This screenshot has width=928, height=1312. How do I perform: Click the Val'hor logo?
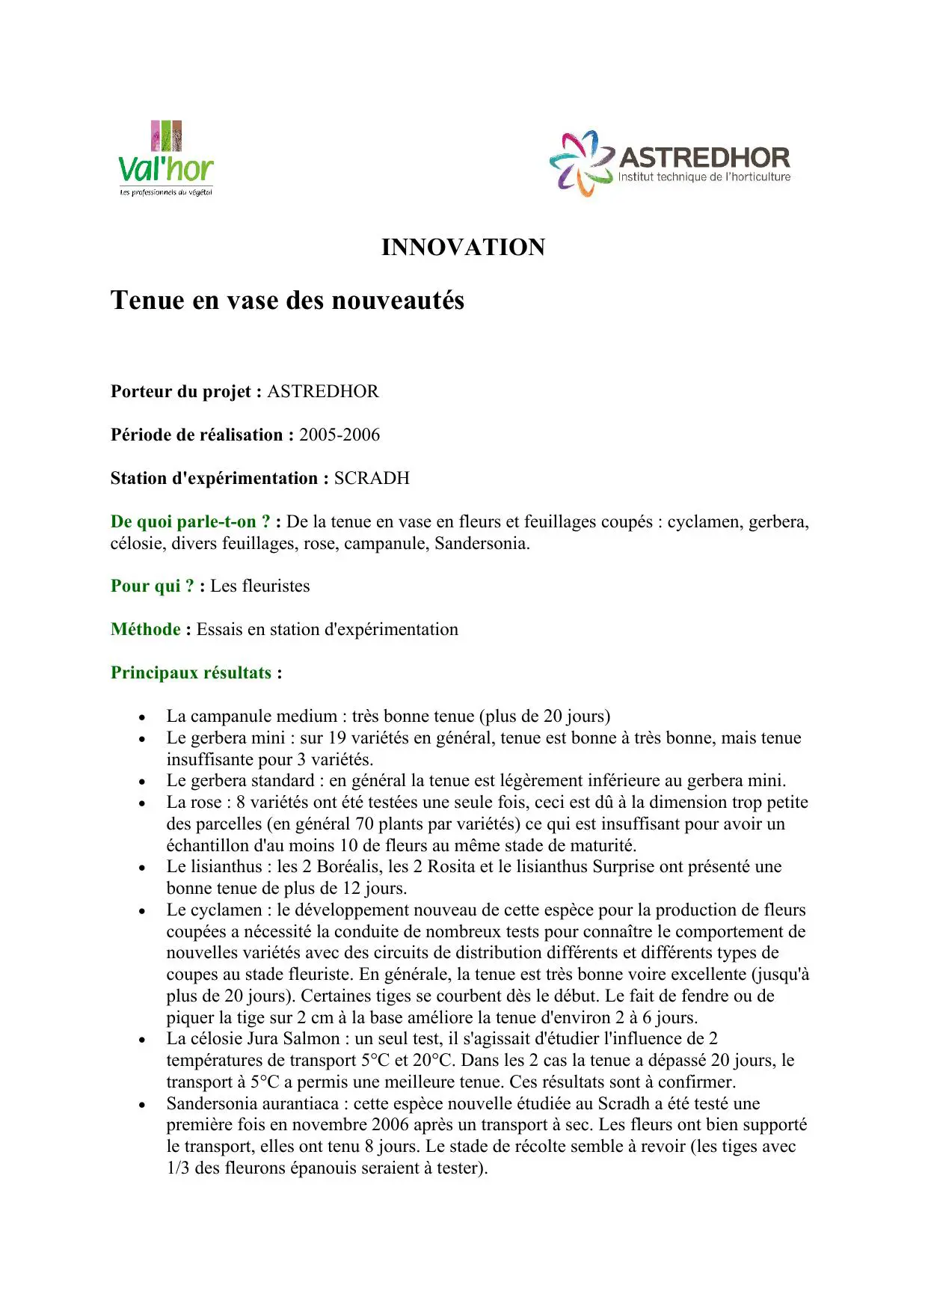pyautogui.click(x=166, y=159)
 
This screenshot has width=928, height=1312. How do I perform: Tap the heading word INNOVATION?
pyautogui.click(x=463, y=248)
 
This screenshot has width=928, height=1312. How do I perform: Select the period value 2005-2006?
pyautogui.click(x=339, y=435)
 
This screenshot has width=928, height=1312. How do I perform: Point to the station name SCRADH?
pyautogui.click(x=372, y=479)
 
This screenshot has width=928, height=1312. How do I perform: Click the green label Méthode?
pyautogui.click(x=146, y=630)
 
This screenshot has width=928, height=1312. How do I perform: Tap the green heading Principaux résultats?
pyautogui.click(x=191, y=673)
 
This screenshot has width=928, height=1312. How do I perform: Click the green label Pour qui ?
pyautogui.click(x=153, y=586)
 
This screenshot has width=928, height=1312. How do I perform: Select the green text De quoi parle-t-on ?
pyautogui.click(x=190, y=522)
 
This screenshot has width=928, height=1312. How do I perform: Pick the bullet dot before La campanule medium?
pyautogui.click(x=142, y=717)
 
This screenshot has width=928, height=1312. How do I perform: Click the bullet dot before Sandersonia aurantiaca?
pyautogui.click(x=142, y=1105)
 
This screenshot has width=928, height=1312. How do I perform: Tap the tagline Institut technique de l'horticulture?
pyautogui.click(x=704, y=177)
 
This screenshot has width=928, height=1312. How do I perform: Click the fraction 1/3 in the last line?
pyautogui.click(x=178, y=1168)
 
